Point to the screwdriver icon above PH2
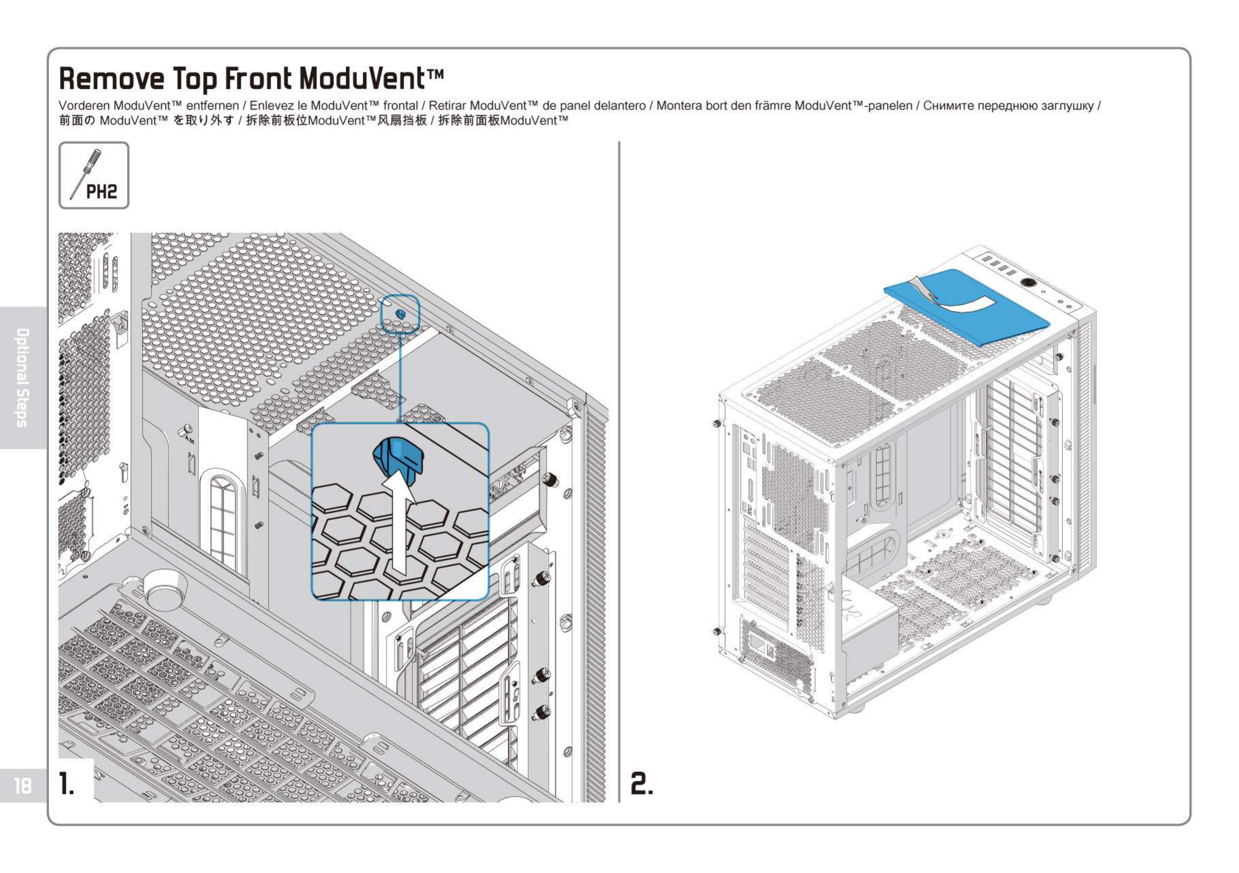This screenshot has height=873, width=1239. click(x=87, y=174)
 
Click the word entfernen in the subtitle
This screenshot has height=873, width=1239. click(x=212, y=106)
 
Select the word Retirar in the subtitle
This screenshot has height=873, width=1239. click(x=448, y=106)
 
